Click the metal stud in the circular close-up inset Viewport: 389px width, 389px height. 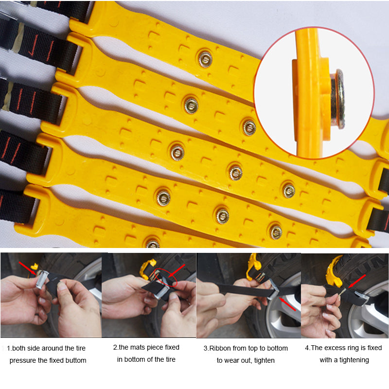pos(338,99)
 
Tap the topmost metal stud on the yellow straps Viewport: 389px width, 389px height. pos(205,58)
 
